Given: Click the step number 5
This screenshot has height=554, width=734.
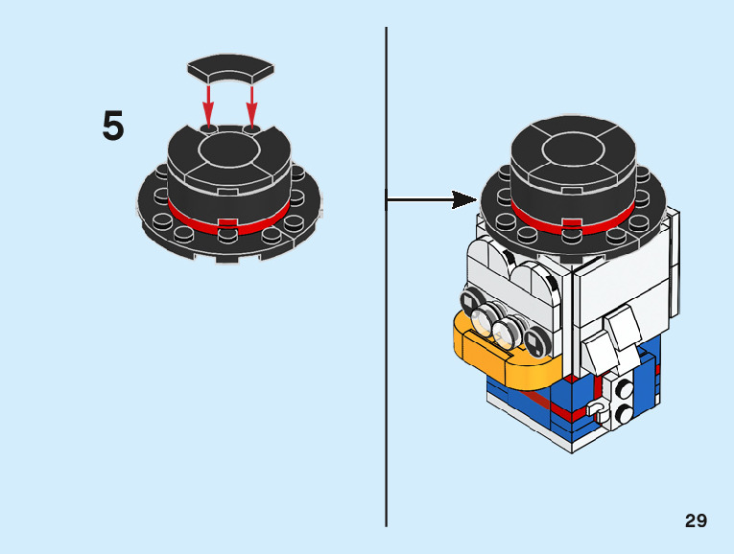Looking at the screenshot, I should pos(113,127).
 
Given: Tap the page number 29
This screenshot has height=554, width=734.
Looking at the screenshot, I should pos(696,520).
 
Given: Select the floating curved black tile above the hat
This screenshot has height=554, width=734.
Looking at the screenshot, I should pos(230,71).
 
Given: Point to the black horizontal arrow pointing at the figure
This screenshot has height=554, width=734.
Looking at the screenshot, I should pos(431,199).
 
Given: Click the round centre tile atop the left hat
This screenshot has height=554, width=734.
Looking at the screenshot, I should pos(229,149).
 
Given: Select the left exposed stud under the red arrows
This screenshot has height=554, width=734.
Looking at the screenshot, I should pos(208,126).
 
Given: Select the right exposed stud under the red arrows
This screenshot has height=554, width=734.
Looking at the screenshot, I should pos(251,126).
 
